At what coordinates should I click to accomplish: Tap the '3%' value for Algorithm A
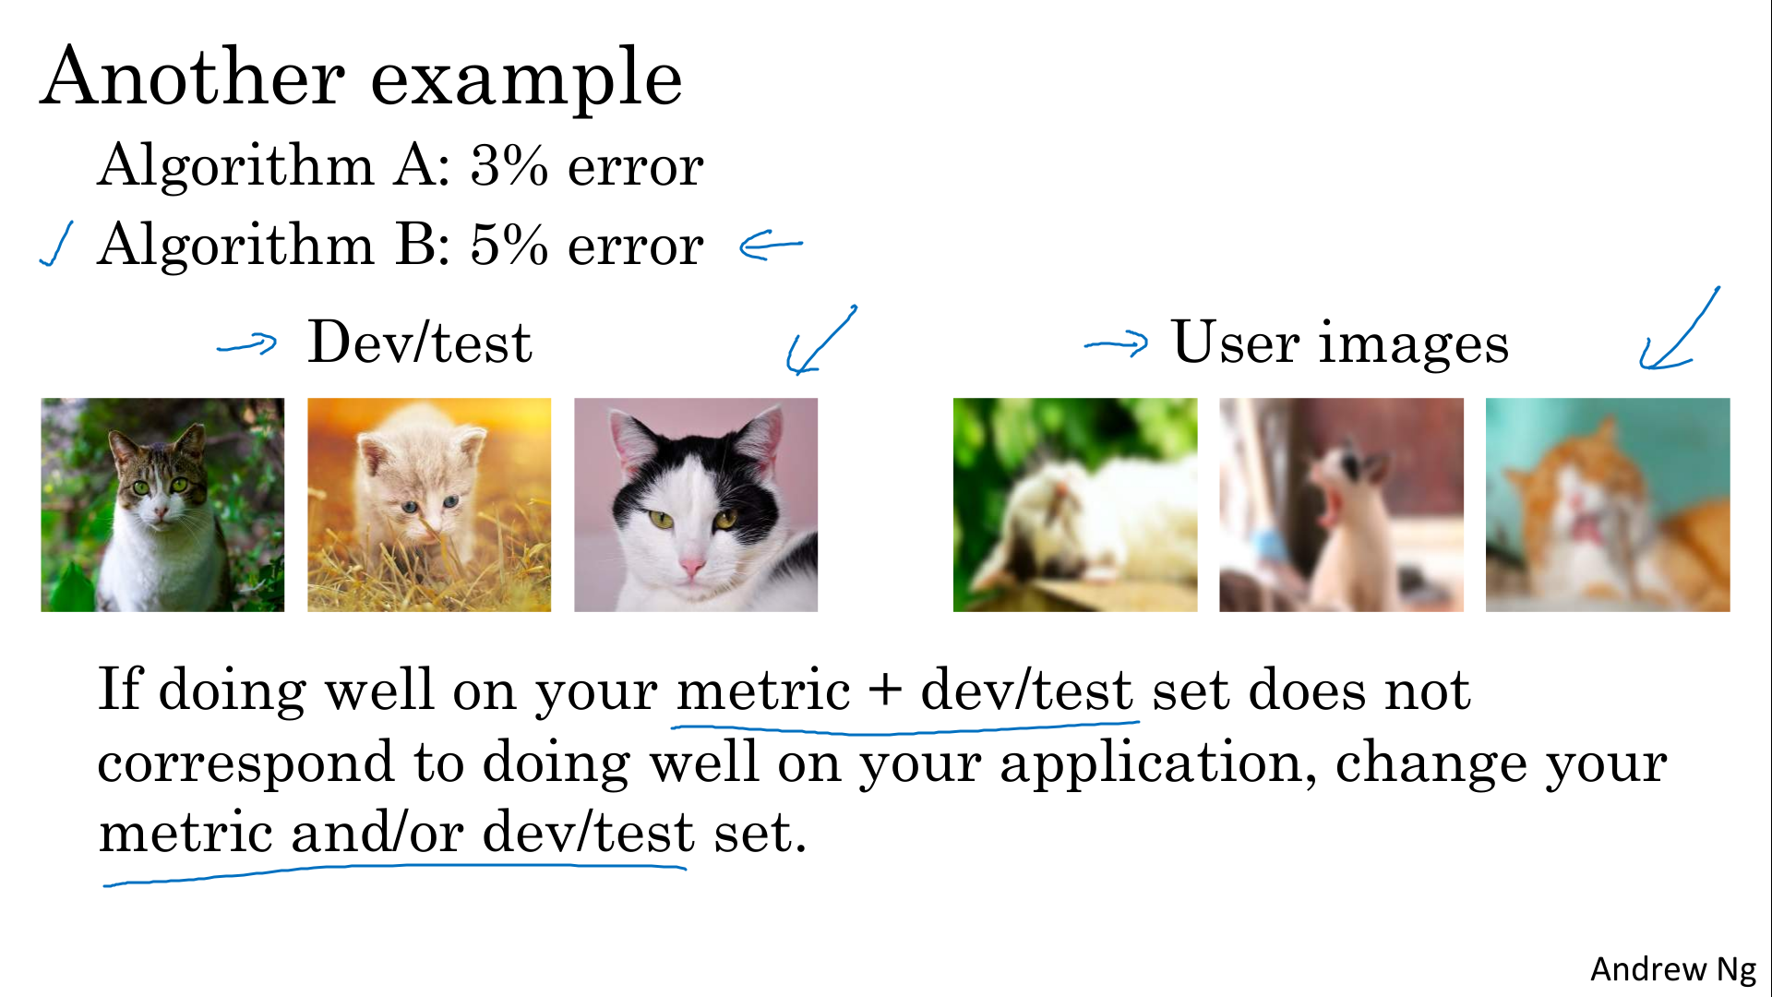click(509, 166)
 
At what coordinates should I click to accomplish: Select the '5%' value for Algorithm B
click(509, 246)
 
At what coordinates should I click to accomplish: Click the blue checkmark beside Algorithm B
click(56, 245)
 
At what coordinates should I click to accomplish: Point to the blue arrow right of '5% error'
click(771, 246)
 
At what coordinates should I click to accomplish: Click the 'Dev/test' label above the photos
click(420, 342)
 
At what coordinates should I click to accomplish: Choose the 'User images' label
click(1340, 343)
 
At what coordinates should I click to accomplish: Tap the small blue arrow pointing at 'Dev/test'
click(246, 344)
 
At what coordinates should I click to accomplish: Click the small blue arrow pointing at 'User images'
click(1117, 344)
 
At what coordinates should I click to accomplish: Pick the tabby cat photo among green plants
click(162, 505)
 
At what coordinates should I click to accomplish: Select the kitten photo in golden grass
click(429, 505)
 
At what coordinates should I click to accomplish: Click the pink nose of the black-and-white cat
click(690, 564)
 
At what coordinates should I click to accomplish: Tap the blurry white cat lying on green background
click(1075, 505)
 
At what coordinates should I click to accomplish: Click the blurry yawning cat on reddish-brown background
click(1341, 505)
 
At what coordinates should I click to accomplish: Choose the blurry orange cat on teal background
click(1608, 505)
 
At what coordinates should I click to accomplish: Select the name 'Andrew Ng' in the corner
click(1672, 969)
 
